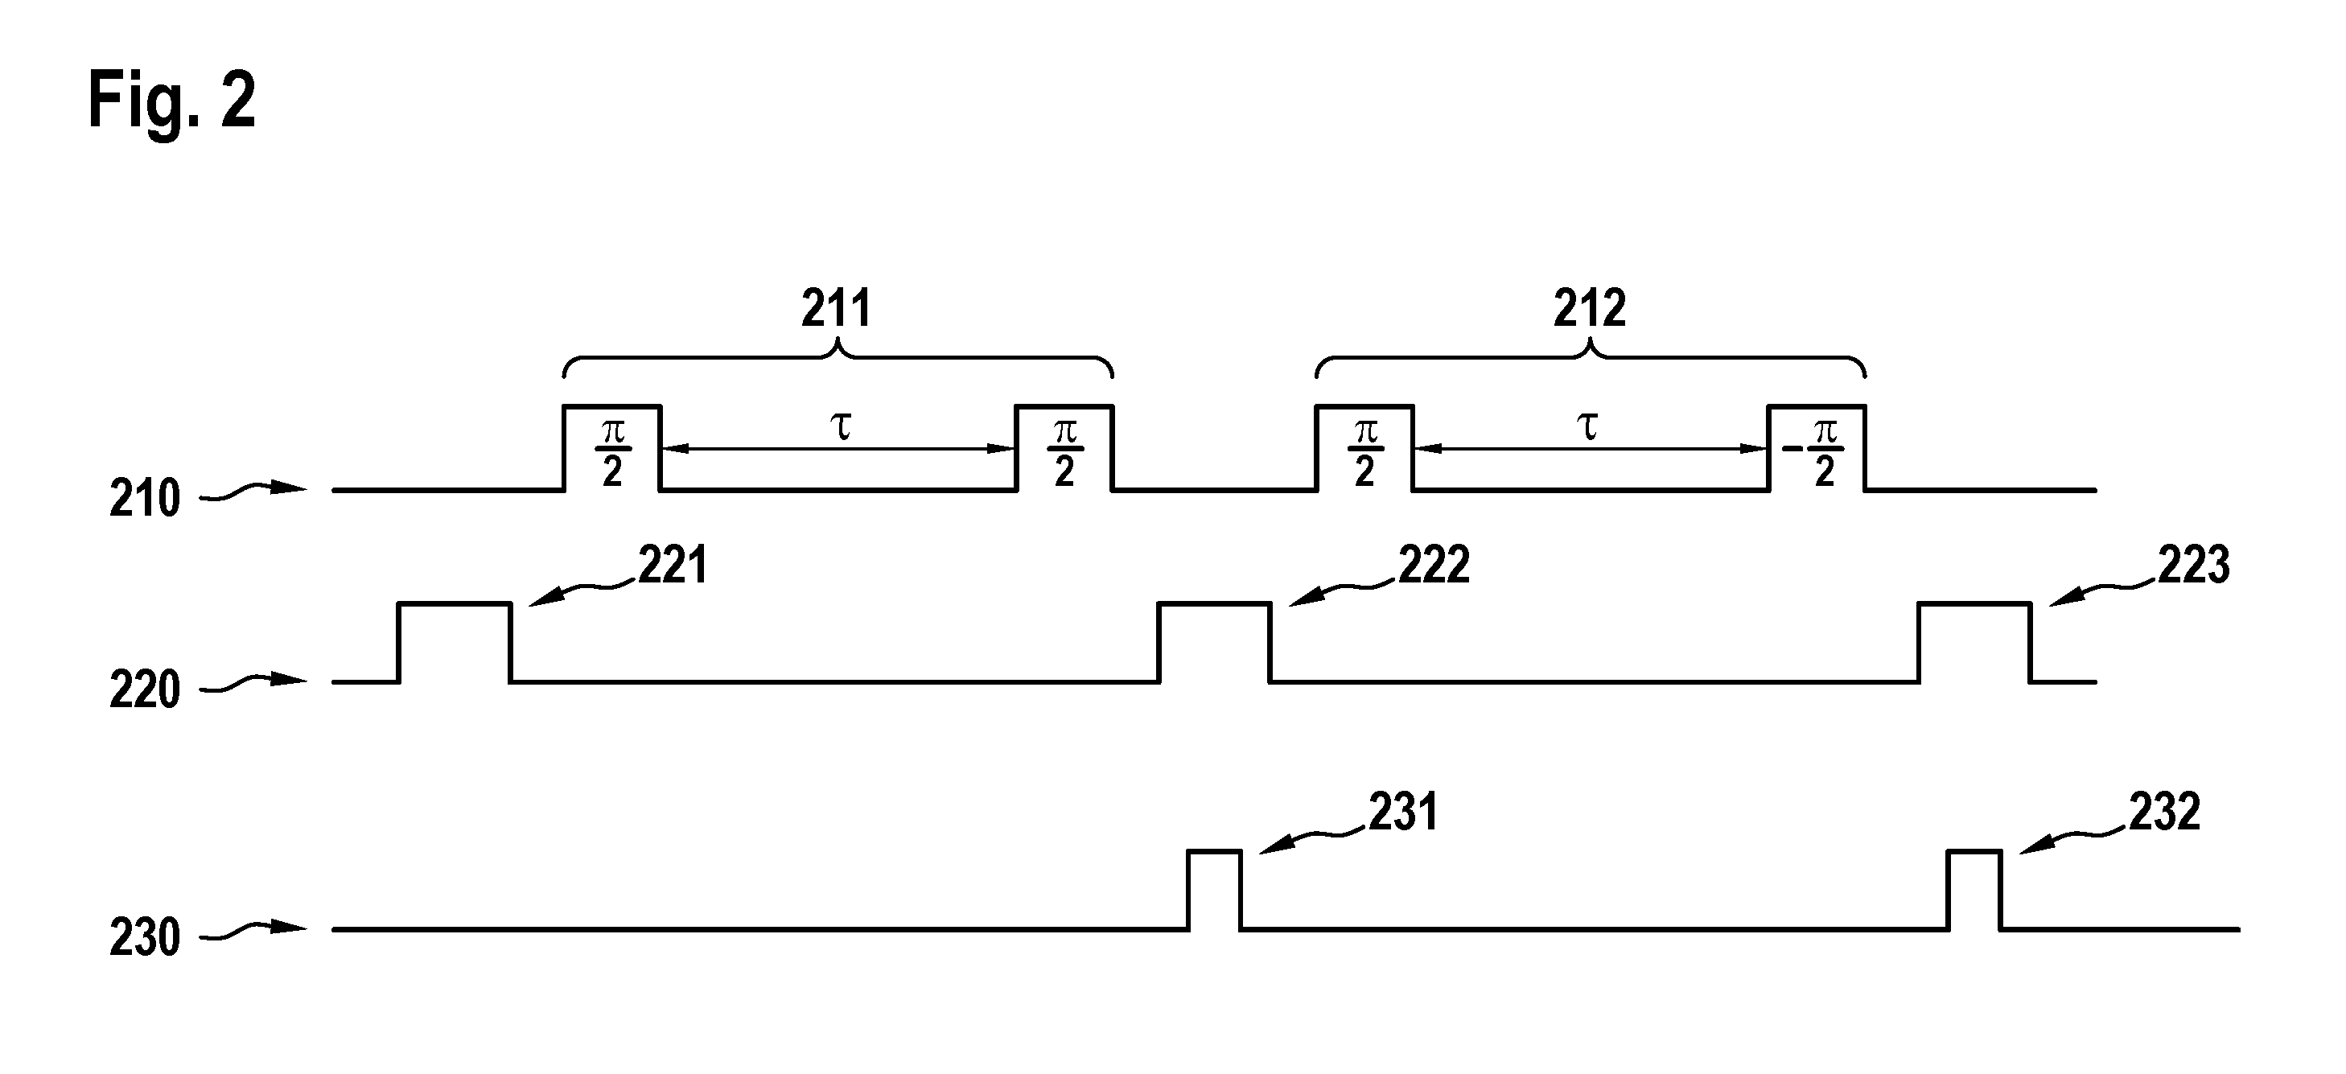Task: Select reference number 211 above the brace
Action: [x=836, y=308]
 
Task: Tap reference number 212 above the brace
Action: [x=1589, y=308]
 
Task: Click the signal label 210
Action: [x=145, y=500]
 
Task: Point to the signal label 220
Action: [x=145, y=689]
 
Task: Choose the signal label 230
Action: [x=145, y=937]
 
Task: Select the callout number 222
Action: [x=1434, y=565]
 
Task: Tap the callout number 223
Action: [x=2194, y=565]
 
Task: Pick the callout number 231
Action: [x=1403, y=812]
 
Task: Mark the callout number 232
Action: [x=2165, y=812]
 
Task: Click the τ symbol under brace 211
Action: [x=842, y=427]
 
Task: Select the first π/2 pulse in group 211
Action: [x=612, y=447]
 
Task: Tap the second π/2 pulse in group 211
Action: [x=1064, y=447]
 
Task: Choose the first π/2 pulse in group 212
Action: [x=1364, y=447]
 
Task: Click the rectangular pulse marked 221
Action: [x=455, y=642]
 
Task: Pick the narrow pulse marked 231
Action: [x=1215, y=890]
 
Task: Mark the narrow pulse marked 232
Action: [x=1974, y=890]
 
